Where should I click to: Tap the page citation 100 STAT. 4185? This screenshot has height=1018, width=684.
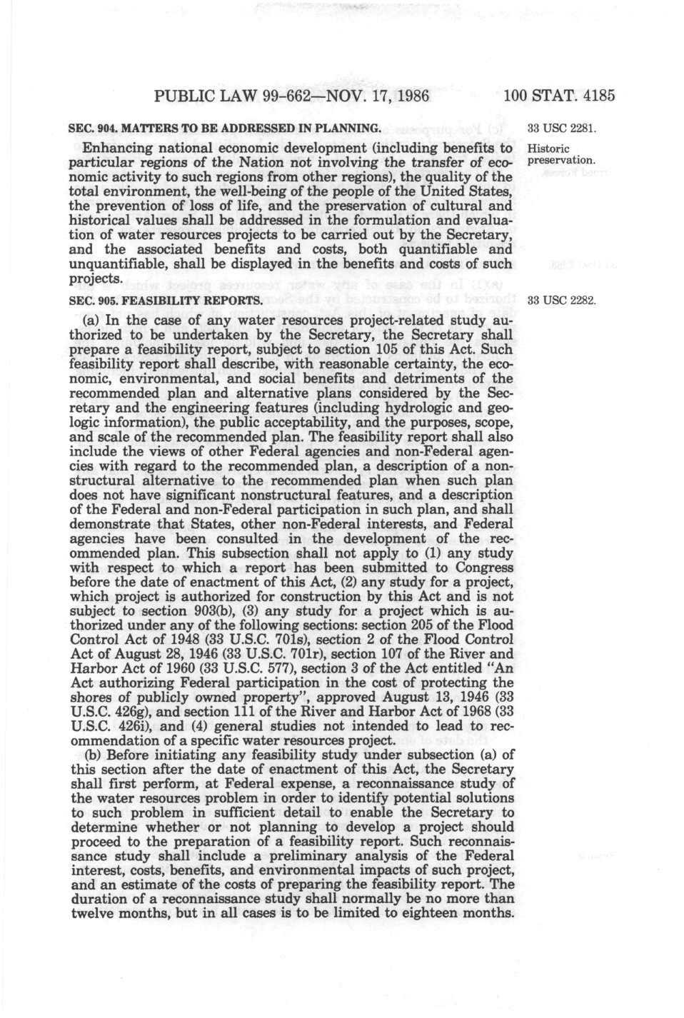(559, 95)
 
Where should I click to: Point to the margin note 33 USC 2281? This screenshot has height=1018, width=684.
(560, 129)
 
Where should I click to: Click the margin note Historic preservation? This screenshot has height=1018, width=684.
(560, 154)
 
